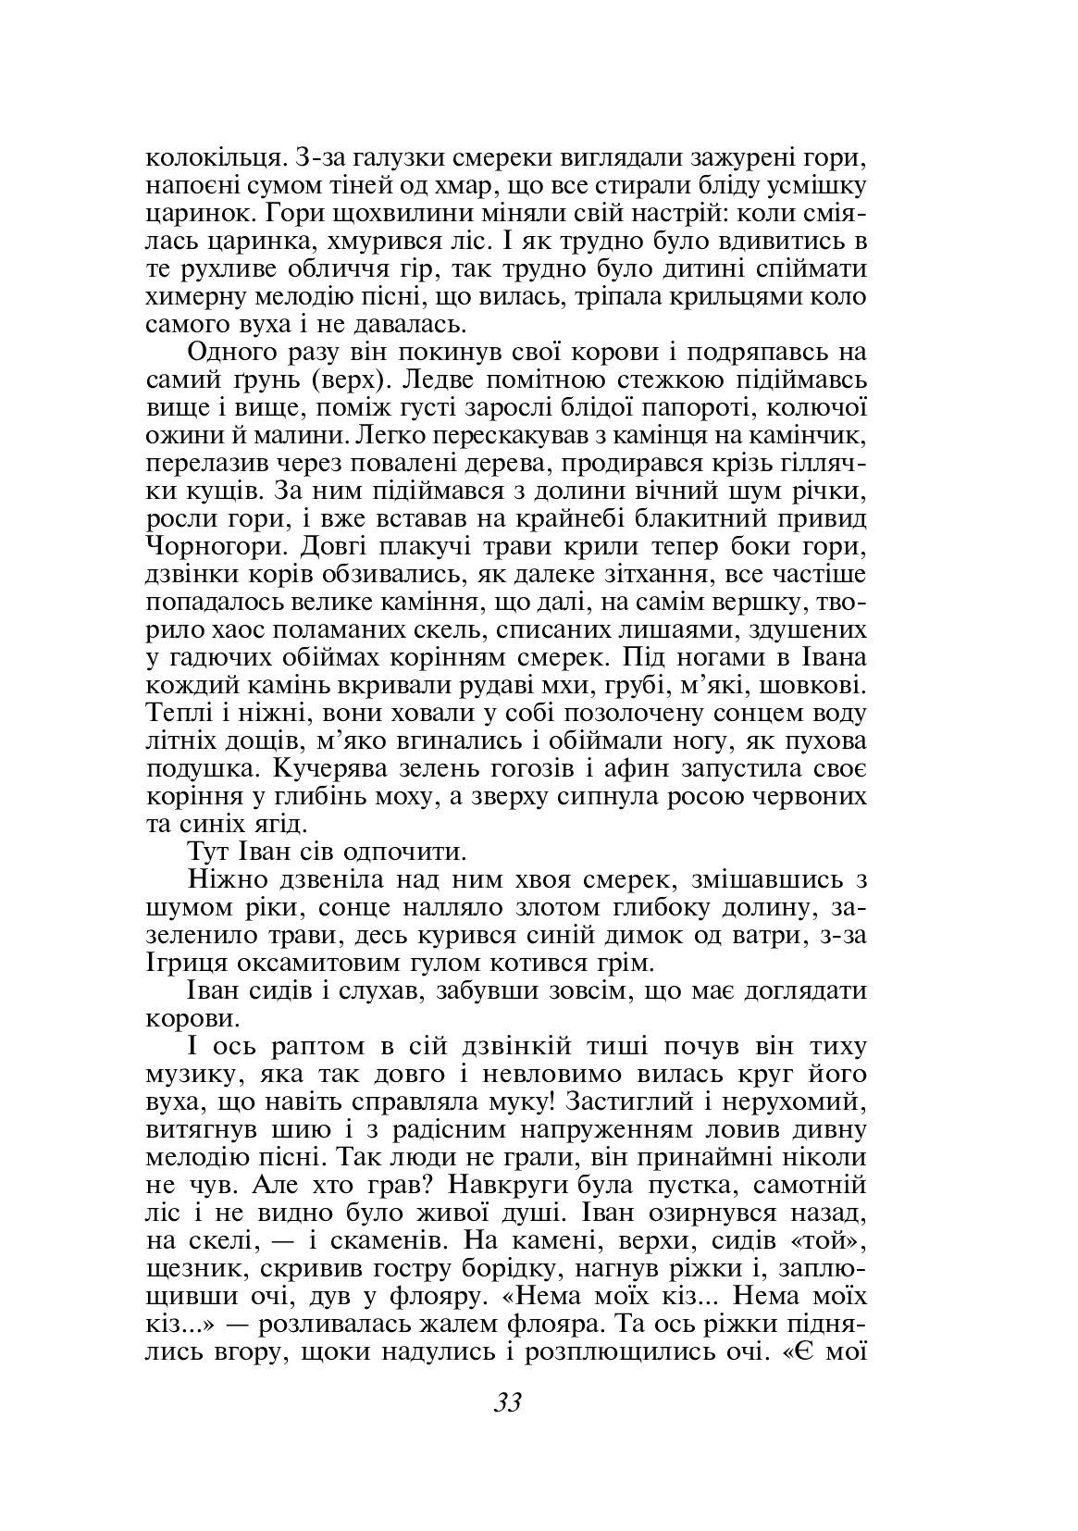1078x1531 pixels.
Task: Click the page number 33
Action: coord(508,1402)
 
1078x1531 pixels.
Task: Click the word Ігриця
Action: coord(179,962)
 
